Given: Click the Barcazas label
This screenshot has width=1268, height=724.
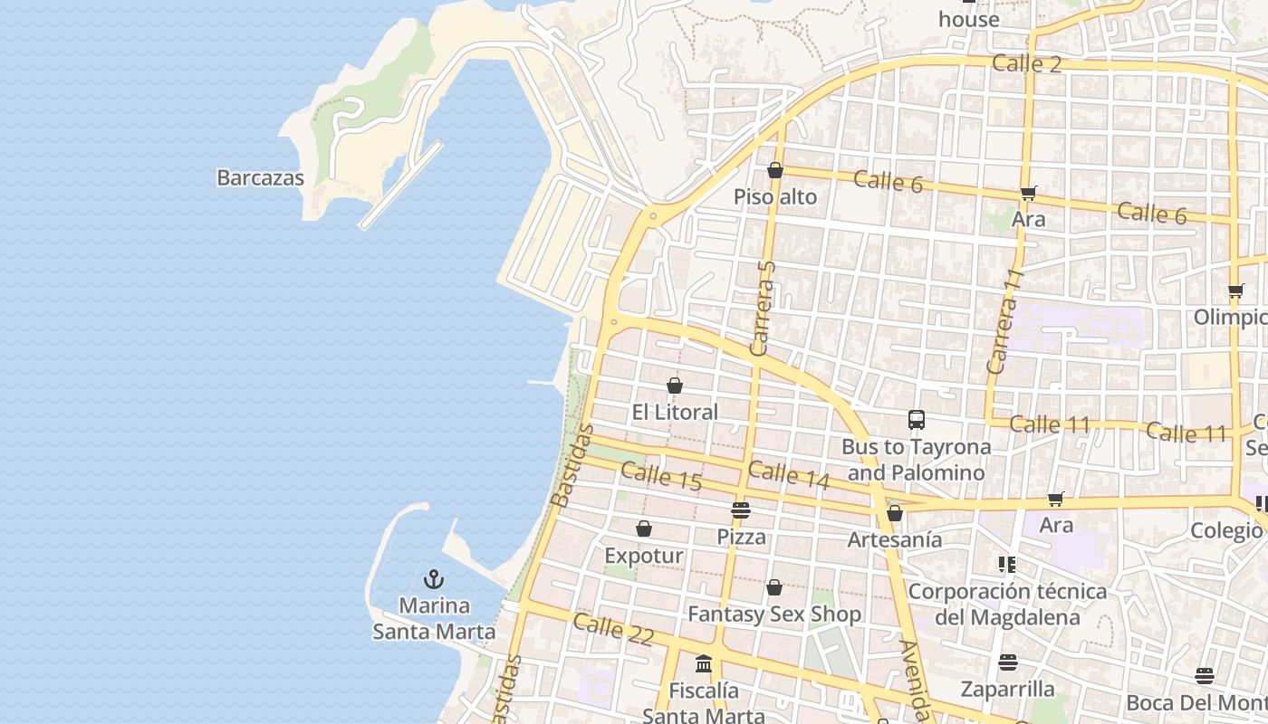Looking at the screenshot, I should pyautogui.click(x=260, y=177).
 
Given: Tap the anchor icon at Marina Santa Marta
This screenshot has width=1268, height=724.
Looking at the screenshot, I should pyautogui.click(x=434, y=578).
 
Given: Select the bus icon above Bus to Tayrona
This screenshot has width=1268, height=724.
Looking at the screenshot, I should pyautogui.click(x=916, y=420).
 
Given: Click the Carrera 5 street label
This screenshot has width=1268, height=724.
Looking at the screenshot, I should pyautogui.click(x=764, y=308).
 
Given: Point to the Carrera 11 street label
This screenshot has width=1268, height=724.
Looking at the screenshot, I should pyautogui.click(x=1004, y=321).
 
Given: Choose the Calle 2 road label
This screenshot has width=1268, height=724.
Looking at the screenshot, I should pyautogui.click(x=1026, y=63).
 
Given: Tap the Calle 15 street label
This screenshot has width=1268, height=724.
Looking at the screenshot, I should pyautogui.click(x=661, y=476).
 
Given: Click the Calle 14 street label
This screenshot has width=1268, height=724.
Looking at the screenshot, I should pyautogui.click(x=788, y=475).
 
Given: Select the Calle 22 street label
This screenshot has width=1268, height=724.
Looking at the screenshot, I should pyautogui.click(x=613, y=629).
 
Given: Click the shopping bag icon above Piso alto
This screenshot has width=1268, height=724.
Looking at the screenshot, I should pyautogui.click(x=774, y=170).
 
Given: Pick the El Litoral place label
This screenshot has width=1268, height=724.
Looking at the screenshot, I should pyautogui.click(x=675, y=413).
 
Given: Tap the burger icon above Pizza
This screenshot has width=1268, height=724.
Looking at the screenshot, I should pyautogui.click(x=741, y=510).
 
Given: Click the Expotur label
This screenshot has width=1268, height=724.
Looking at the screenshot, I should pyautogui.click(x=643, y=556).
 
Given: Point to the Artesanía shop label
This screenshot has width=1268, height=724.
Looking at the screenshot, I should pyautogui.click(x=894, y=540).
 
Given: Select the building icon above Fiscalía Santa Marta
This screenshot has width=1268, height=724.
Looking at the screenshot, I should pyautogui.click(x=704, y=665).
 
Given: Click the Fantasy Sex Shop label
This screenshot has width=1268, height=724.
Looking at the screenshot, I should pyautogui.click(x=774, y=614).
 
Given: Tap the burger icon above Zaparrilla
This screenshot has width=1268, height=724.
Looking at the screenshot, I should pyautogui.click(x=1008, y=662).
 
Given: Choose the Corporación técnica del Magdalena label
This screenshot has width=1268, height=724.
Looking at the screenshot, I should pyautogui.click(x=1007, y=605).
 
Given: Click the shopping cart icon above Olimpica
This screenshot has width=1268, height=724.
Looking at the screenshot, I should pyautogui.click(x=1235, y=291).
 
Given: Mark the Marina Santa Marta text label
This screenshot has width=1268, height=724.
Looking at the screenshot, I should pyautogui.click(x=434, y=619).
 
